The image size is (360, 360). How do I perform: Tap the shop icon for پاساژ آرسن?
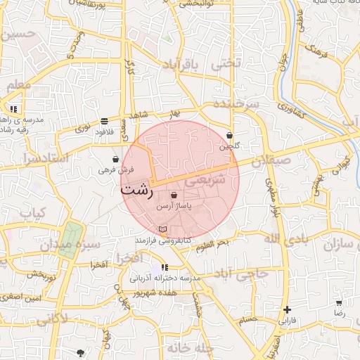coord(174,194)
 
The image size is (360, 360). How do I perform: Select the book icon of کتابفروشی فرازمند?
coord(163,230)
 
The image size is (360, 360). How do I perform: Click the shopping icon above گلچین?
coord(229,135)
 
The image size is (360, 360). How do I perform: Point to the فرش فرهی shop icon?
coord(115,159)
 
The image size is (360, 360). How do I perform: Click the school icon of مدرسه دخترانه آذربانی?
coord(165,267)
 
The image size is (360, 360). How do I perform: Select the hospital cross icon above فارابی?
coord(287,309)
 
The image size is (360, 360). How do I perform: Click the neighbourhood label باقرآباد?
coord(181,65)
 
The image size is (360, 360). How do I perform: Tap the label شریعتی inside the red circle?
coord(205,181)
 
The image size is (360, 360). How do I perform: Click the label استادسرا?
coord(44,158)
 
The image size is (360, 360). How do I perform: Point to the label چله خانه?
coord(189,348)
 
